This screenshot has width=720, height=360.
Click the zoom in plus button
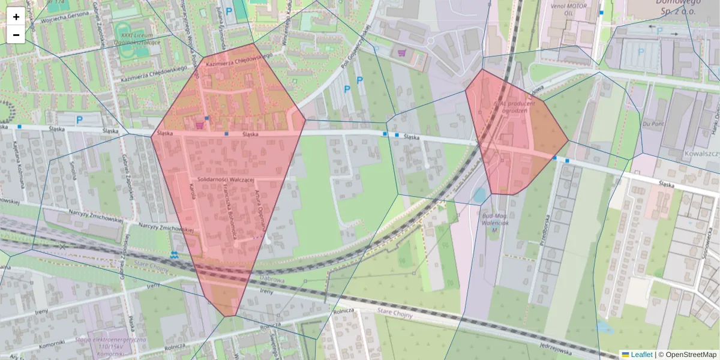tap(16, 17)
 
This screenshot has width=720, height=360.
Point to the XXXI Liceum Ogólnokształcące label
tap(140, 39)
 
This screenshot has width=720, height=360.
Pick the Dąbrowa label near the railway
tap(271, 278)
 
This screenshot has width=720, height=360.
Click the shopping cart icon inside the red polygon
tap(199, 125)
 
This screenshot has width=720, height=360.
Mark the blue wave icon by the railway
tap(175, 254)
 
